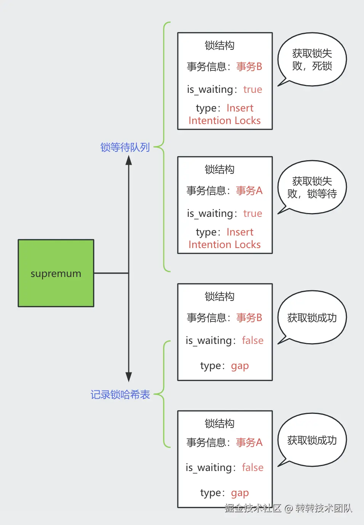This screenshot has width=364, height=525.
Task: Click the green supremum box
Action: click(x=56, y=273)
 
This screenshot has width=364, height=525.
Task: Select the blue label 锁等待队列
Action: click(x=125, y=147)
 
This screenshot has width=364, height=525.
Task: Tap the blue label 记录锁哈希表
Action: click(x=120, y=395)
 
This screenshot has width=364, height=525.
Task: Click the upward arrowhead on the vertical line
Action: click(x=129, y=160)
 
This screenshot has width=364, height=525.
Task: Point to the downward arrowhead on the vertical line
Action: click(x=129, y=377)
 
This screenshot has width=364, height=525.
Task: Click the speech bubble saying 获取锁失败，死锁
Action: click(x=312, y=59)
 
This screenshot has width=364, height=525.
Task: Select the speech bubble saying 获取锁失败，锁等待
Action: click(x=312, y=187)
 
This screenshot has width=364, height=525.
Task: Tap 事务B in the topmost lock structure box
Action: click(x=249, y=67)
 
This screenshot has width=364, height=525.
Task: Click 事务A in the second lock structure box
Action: click(x=249, y=191)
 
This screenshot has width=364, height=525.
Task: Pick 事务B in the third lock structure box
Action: click(x=249, y=318)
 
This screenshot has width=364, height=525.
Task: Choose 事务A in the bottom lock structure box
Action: click(x=249, y=442)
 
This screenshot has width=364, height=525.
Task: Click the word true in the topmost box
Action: click(x=252, y=89)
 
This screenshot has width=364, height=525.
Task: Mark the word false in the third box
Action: click(x=252, y=340)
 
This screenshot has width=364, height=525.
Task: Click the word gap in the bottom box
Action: click(x=240, y=493)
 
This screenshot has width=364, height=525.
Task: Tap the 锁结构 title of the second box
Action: click(x=220, y=169)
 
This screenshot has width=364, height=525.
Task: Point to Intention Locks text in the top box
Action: click(x=225, y=121)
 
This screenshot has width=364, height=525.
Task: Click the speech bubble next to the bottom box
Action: click(x=312, y=440)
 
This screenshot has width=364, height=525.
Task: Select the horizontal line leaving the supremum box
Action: click(x=111, y=273)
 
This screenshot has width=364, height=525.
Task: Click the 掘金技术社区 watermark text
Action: click(x=253, y=508)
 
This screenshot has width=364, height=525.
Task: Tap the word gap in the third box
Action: click(x=240, y=366)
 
